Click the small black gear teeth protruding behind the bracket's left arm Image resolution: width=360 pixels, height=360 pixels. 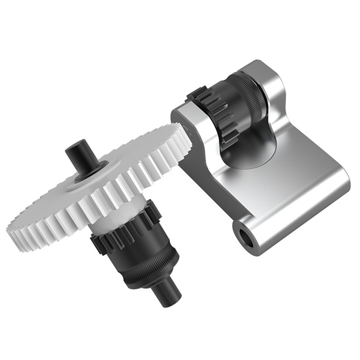click(x=194, y=94)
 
